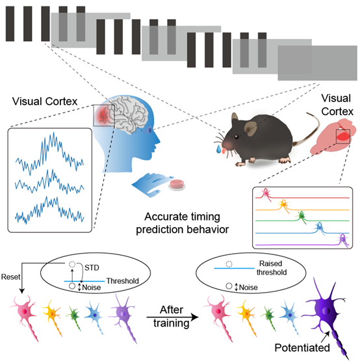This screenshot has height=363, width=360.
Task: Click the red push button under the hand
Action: pos(177,185)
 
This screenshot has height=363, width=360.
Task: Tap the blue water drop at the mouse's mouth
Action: pos(218,149)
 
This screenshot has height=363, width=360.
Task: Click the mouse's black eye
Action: pos(237,137)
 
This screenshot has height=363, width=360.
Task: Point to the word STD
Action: pos(92,267)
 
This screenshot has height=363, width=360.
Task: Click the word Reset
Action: pos(10,277)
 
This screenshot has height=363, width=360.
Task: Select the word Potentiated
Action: pos(302,347)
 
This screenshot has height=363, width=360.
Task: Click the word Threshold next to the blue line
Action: pos(123,281)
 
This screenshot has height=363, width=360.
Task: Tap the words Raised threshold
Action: pos(272,268)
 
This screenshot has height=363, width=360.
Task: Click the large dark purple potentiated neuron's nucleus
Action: pos(326,311)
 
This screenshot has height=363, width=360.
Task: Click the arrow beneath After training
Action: pos(172,317)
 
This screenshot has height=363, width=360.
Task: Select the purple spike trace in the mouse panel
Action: pos(302,244)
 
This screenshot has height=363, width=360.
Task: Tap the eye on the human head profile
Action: pos(149,130)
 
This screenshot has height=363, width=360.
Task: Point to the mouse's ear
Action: pos(250,129)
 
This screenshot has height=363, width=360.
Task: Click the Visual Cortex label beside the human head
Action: pos(45,101)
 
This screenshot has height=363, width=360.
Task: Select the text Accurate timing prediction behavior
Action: pos(182,223)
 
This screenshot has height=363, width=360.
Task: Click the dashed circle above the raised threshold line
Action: pos(229,264)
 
